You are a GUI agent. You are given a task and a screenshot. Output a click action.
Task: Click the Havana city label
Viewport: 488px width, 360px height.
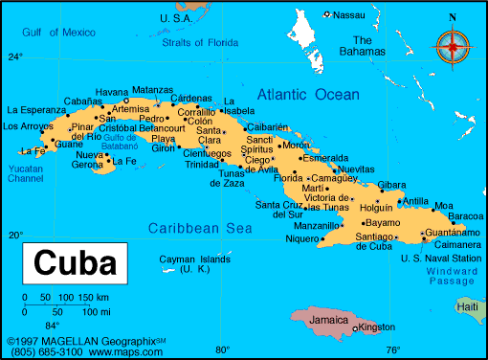pos(112,91)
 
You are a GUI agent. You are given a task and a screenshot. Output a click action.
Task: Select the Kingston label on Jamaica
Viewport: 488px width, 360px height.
pos(378,328)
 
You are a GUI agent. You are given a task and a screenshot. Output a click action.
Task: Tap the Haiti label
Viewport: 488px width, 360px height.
pos(468,306)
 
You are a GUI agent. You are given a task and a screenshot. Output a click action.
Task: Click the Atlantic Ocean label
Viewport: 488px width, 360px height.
pos(308,94)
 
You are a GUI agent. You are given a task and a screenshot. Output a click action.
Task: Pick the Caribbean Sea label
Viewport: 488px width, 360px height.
pos(200,228)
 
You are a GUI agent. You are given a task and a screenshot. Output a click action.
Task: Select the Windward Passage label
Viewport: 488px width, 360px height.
pos(450,276)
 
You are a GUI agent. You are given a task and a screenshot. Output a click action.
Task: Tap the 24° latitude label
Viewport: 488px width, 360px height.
pos(15,56)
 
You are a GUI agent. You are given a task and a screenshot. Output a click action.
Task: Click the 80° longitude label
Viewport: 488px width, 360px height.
pos(222,349)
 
